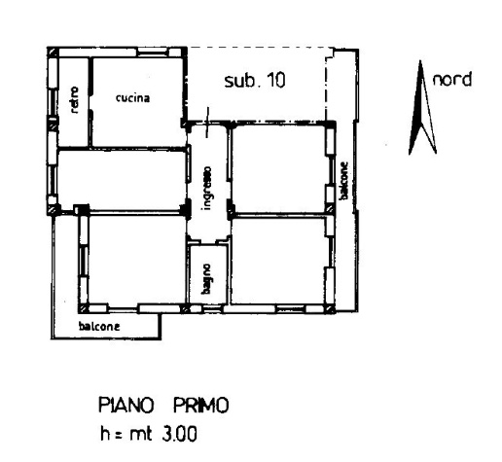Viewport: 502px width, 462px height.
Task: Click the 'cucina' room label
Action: coord(133,98)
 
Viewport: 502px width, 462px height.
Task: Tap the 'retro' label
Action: coord(74,100)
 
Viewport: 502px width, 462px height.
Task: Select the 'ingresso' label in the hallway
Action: coord(206,189)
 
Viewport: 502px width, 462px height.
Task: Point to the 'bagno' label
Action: coord(206,279)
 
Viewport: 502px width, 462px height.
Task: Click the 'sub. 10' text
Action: coord(255,80)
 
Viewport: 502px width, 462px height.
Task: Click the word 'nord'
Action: coord(452,80)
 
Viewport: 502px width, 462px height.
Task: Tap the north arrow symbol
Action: coord(421,108)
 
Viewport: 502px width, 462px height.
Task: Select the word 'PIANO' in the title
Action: coord(125,406)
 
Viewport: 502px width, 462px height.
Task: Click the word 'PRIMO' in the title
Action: coord(201,406)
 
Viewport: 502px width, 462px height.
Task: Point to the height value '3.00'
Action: coord(179,434)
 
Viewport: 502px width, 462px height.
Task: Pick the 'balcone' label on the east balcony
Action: coord(343,181)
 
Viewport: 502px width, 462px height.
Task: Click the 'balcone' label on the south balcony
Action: coord(99,326)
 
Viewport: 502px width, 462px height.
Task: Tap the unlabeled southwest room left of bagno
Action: coord(137,259)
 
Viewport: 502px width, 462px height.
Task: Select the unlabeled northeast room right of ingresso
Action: coord(279,168)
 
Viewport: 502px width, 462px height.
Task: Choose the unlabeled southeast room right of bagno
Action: coord(279,261)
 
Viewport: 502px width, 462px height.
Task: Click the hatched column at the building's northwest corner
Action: coord(53,53)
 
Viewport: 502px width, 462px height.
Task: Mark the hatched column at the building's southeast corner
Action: coord(330,308)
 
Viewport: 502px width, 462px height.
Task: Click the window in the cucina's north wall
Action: coord(153,52)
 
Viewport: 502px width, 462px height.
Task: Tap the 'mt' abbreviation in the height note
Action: coord(141,435)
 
